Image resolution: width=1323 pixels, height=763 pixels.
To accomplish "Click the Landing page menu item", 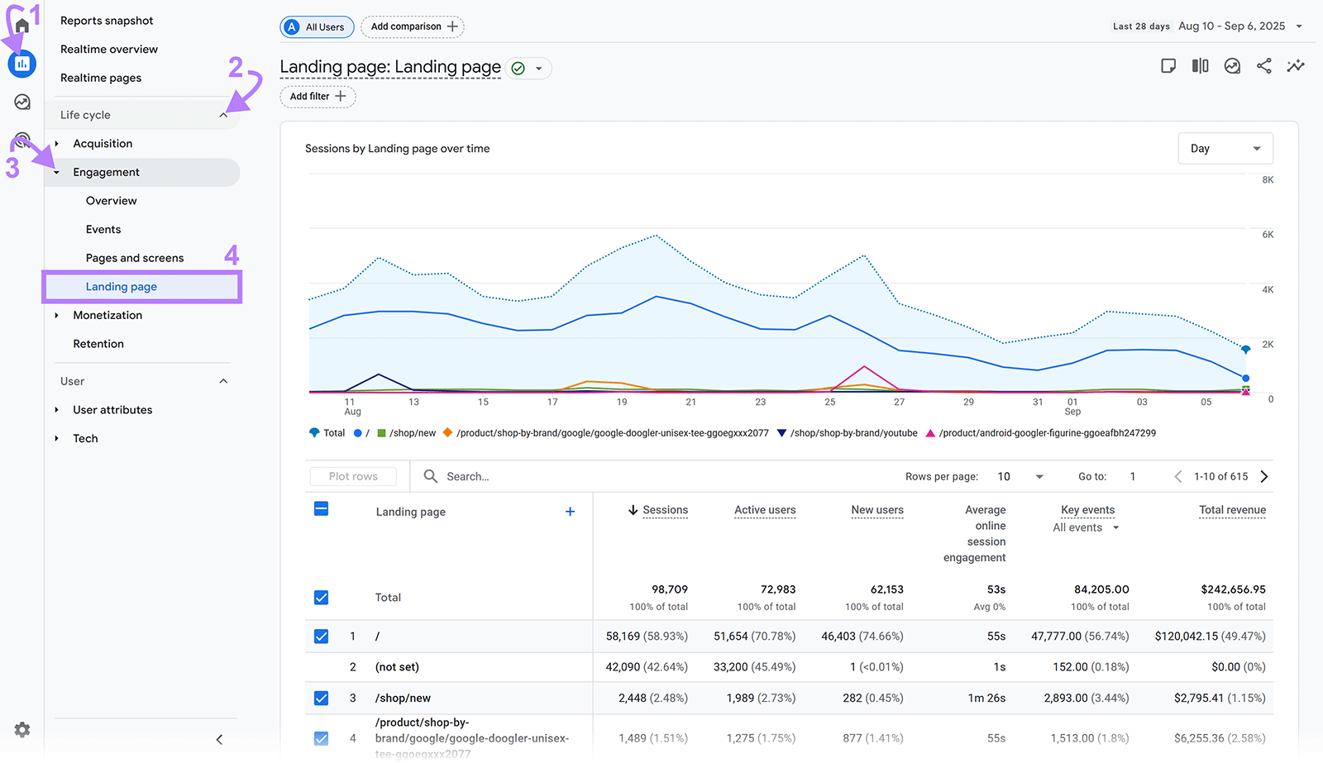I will click(122, 287).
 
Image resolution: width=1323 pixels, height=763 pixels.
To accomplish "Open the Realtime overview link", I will click(109, 50).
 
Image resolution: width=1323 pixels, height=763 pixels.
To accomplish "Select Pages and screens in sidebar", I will click(135, 258).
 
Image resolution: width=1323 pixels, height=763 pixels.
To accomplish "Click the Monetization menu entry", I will click(107, 315).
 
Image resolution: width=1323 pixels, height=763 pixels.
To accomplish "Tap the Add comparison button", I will click(413, 26).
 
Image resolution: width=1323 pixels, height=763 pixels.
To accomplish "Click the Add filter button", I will click(318, 97).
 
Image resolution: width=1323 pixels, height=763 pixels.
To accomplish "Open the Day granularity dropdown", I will click(1225, 149).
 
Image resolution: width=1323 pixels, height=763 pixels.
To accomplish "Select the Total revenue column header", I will click(1232, 510).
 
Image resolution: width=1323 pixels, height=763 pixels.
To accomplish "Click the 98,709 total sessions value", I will click(669, 589).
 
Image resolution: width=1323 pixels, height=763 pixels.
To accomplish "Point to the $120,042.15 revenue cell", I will click(1210, 637).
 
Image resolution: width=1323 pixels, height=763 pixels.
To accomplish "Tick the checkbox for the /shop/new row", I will click(322, 699).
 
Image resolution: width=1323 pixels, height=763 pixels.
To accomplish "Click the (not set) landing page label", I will click(397, 667).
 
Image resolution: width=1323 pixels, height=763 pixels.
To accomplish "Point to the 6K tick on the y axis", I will click(1268, 235).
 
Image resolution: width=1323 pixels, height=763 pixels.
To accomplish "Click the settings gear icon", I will click(22, 729).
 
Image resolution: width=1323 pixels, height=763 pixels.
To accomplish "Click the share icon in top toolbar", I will click(1263, 66).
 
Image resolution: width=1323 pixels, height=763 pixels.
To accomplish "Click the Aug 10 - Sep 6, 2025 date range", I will click(1231, 26).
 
